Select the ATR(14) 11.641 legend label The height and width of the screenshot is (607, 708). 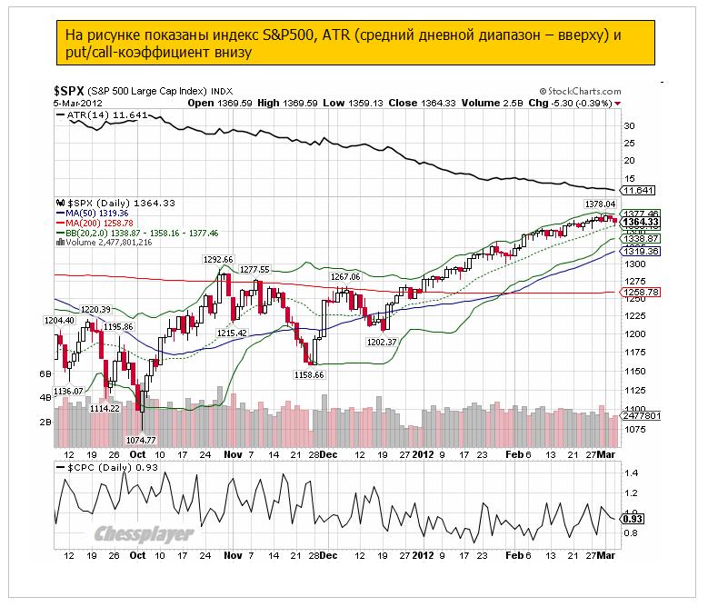[95, 114]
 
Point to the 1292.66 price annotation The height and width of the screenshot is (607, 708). [219, 259]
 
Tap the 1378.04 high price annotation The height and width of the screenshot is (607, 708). [599, 204]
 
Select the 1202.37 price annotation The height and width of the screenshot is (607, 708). [383, 342]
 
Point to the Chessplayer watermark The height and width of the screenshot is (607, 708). [145, 533]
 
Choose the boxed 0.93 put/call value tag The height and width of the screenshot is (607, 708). [634, 518]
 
